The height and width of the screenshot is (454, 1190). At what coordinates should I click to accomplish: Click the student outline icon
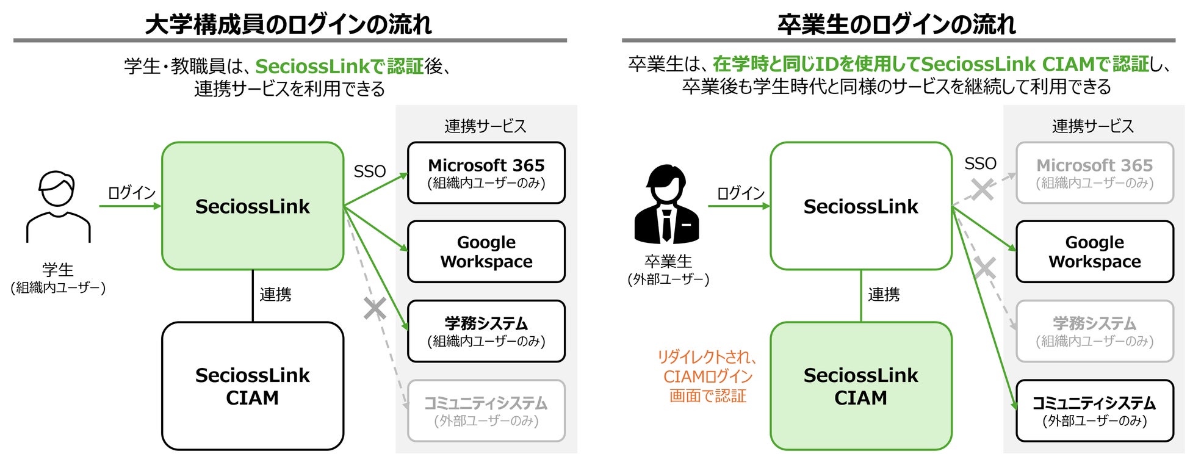(x=58, y=206)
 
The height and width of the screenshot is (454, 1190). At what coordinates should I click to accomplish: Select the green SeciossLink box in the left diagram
(x=253, y=206)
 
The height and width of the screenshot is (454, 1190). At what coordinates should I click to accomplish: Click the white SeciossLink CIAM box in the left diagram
(x=253, y=386)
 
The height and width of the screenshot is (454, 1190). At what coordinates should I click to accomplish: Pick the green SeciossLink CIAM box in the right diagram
(x=860, y=386)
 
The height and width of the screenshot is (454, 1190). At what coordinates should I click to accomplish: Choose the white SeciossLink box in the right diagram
(x=860, y=206)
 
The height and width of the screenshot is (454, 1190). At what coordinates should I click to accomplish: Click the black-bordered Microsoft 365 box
(x=486, y=173)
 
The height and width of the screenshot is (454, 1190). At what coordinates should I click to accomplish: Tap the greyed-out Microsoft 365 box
(x=1094, y=173)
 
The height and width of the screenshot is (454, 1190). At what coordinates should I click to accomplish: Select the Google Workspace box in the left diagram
(x=486, y=251)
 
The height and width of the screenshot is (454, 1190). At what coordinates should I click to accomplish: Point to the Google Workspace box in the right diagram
(x=1094, y=251)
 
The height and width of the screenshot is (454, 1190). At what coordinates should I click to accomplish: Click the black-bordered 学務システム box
(x=486, y=331)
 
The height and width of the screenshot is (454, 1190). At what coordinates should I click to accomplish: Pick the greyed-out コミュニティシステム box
(x=486, y=411)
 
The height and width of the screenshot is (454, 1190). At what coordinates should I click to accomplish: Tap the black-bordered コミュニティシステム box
(x=1094, y=411)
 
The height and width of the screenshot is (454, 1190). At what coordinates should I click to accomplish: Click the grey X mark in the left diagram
(x=375, y=308)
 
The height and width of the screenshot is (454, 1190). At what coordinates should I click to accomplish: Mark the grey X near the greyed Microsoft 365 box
(x=982, y=189)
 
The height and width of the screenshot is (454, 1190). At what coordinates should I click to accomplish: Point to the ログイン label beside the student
(x=131, y=193)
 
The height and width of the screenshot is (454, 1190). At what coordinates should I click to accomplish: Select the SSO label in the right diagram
(x=980, y=164)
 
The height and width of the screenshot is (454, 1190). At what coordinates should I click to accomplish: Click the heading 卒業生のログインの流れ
(x=896, y=24)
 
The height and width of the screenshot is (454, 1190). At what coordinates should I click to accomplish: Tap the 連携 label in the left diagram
(x=275, y=295)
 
